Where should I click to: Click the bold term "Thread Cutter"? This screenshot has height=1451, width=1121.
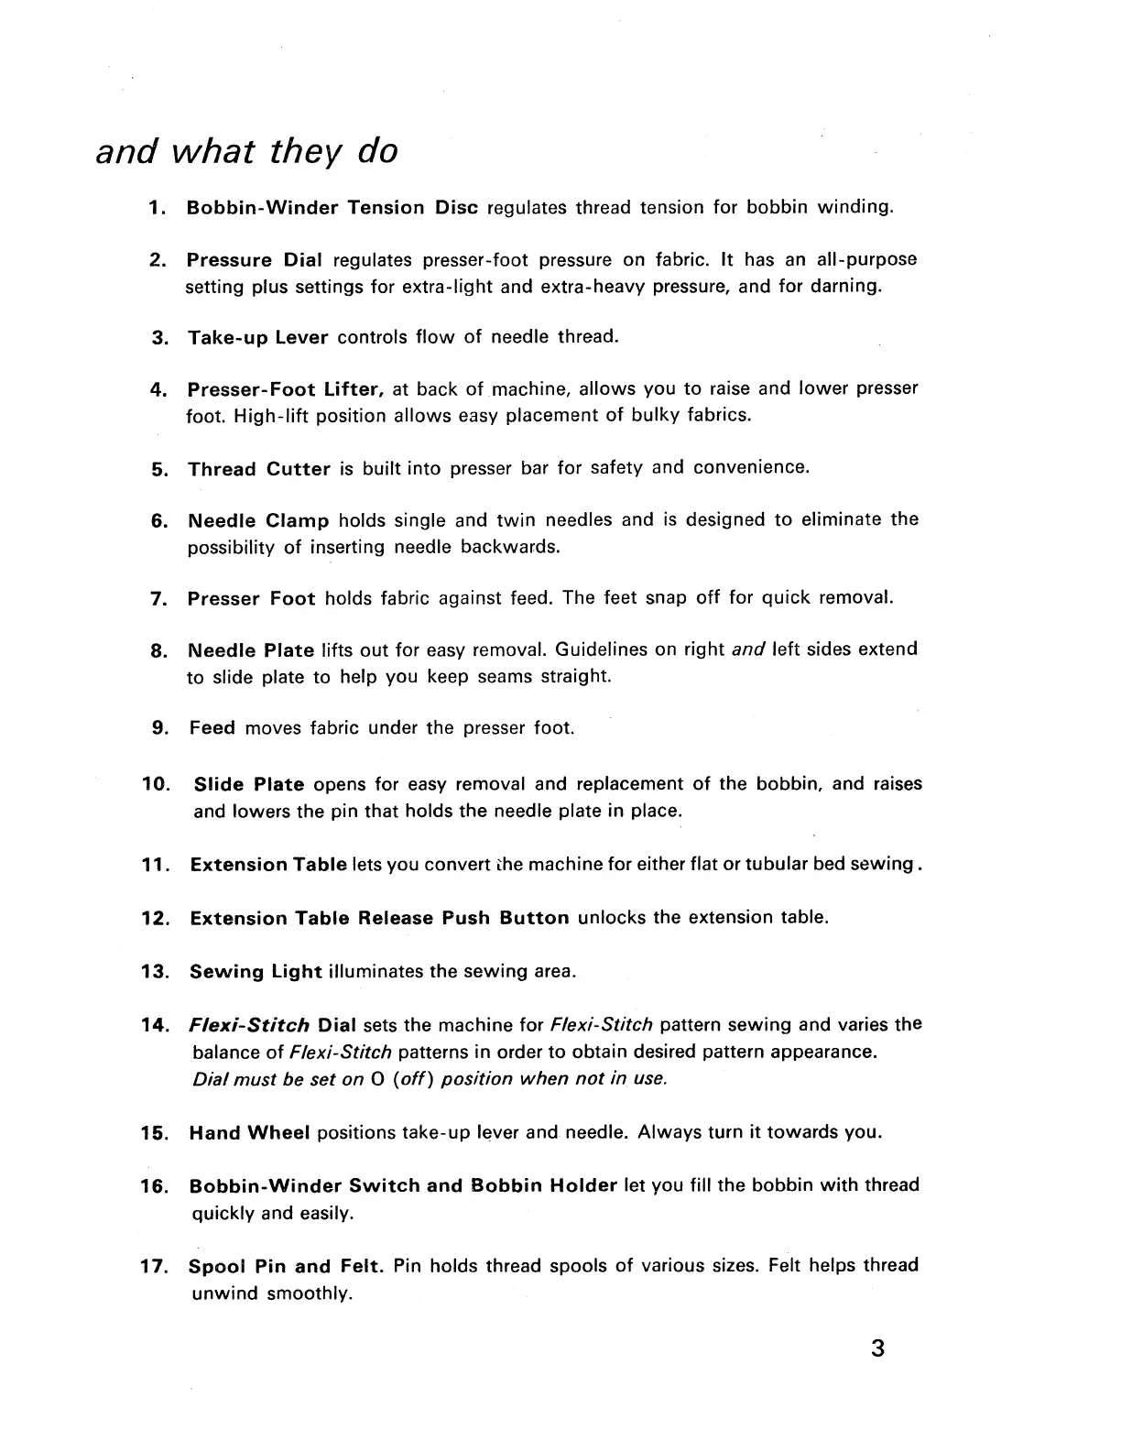[x=259, y=469]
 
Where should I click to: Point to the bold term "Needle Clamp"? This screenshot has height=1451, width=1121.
[x=258, y=521]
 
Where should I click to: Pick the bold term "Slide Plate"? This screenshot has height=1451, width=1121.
[x=248, y=785]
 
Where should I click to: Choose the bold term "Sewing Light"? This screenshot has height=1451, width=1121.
[x=256, y=972]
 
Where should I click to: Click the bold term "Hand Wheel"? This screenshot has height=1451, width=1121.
[x=249, y=1133]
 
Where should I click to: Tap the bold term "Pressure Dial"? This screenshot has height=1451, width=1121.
[x=255, y=260]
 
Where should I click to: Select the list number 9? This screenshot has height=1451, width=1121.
[x=158, y=729]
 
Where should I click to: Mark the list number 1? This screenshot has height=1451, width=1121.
[x=156, y=208]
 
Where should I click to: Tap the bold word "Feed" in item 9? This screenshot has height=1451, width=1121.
[x=212, y=729]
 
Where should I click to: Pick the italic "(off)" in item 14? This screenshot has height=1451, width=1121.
[x=411, y=1079]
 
